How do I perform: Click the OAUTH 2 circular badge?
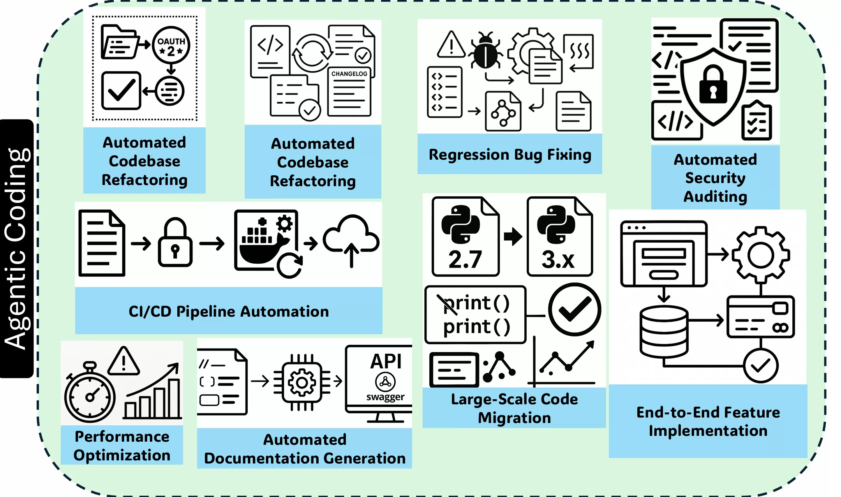click(171, 45)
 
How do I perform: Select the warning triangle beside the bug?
click(451, 45)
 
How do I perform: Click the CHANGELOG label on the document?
click(349, 74)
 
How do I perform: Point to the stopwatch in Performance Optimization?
click(90, 394)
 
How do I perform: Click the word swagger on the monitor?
click(385, 397)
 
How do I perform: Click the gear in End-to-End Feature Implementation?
click(760, 255)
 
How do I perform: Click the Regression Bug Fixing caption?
click(510, 155)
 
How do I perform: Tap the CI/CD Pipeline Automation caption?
click(229, 312)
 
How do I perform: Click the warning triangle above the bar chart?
click(123, 361)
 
